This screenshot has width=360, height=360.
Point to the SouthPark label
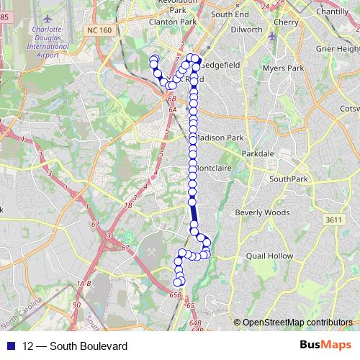tap(288, 179)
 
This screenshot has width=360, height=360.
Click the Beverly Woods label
tap(261, 212)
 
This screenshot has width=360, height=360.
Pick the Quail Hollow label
tap(269, 256)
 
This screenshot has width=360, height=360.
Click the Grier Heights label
tap(337, 48)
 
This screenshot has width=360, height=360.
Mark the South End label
tap(230, 14)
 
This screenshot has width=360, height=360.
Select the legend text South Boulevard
tap(75, 346)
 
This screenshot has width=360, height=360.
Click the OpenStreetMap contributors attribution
tap(297, 323)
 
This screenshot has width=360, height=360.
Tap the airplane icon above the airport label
tap(48, 17)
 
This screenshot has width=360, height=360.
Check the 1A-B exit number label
tap(84, 284)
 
